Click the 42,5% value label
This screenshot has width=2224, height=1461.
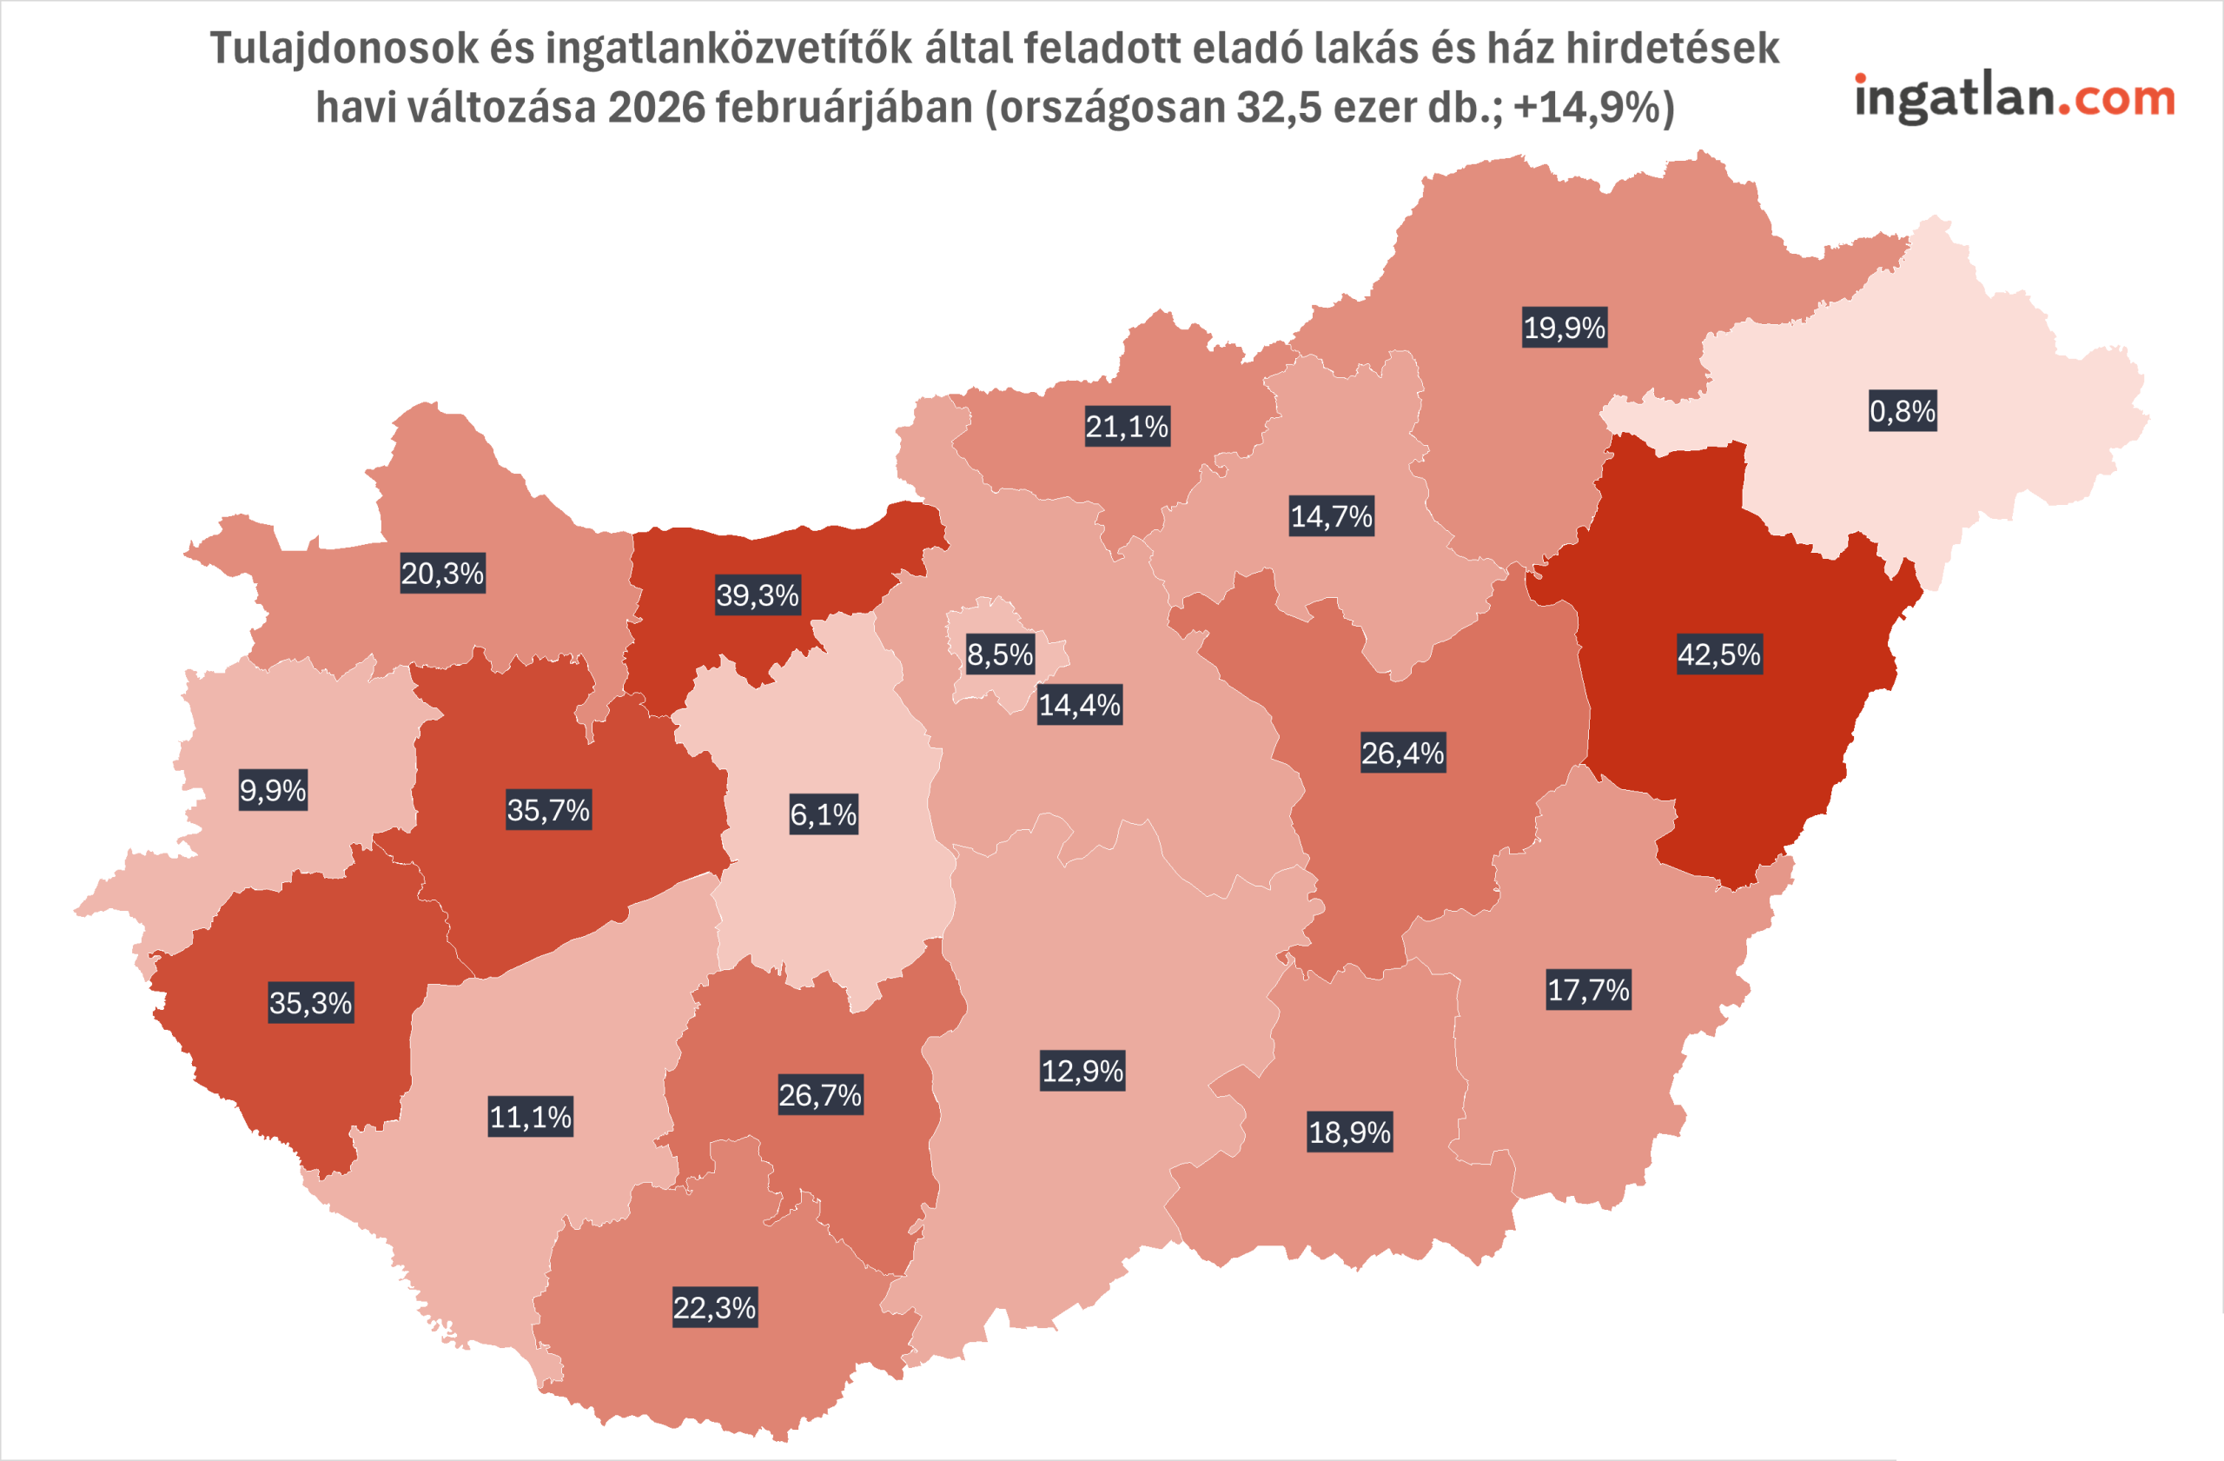tap(1718, 654)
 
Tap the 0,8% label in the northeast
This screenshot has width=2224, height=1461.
tap(1903, 410)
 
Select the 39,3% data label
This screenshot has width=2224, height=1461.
tap(757, 594)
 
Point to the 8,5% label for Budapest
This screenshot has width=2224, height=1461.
tap(1000, 654)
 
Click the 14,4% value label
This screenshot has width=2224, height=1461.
tap(1079, 705)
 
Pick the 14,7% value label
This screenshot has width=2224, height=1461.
tap(1331, 516)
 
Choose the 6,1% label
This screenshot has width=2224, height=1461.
tap(824, 814)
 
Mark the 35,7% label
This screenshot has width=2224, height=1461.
tap(547, 809)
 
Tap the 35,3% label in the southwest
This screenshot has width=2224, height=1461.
tap(310, 1003)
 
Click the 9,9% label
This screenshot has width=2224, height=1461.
tap(273, 791)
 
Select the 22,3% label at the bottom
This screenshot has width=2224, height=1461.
tap(714, 1308)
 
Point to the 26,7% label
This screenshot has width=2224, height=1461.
tap(819, 1094)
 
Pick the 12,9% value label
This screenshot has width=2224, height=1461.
tap(1082, 1070)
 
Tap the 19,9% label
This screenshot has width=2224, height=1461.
tap(1565, 327)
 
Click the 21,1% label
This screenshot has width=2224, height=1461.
tap(1126, 426)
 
